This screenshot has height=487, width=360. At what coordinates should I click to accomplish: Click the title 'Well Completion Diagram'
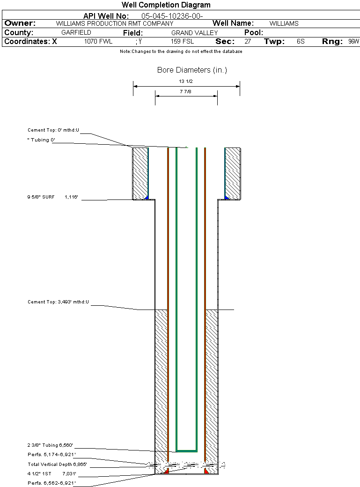click(x=166, y=5)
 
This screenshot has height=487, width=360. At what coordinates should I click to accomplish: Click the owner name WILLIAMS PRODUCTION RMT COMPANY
click(x=114, y=23)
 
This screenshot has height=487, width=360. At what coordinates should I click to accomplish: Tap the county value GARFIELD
click(x=76, y=33)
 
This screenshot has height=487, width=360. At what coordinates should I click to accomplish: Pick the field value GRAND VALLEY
click(x=194, y=33)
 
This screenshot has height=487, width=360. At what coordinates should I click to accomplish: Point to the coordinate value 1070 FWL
click(x=98, y=42)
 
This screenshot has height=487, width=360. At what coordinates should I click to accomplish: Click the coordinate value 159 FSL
click(x=182, y=42)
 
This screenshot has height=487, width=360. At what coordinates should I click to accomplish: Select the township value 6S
click(x=301, y=42)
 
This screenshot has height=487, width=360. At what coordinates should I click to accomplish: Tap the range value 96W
click(x=353, y=42)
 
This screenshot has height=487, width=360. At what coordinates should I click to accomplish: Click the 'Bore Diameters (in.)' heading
click(x=192, y=70)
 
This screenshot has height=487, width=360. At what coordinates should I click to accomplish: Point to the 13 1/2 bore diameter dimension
click(x=186, y=81)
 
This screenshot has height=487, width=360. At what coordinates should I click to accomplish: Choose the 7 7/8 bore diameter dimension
click(x=186, y=92)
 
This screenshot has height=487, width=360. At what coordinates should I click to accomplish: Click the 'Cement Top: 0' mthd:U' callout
click(x=53, y=130)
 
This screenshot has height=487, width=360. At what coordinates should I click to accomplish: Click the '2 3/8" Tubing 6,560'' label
click(x=50, y=445)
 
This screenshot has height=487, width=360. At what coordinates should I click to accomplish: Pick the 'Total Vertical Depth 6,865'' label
click(x=57, y=465)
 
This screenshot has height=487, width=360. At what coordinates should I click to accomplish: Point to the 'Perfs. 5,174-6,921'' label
click(x=51, y=455)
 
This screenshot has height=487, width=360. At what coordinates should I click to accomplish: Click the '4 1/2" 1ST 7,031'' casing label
click(x=51, y=473)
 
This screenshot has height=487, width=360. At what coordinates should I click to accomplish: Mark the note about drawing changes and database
click(x=181, y=52)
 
